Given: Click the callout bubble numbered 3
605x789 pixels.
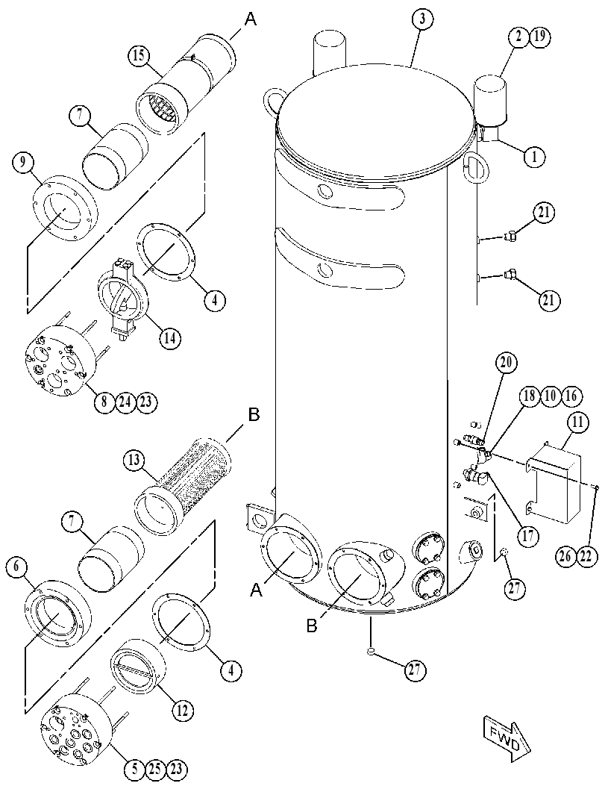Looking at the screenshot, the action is pyautogui.click(x=422, y=20).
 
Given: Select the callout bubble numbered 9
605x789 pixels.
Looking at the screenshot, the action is pyautogui.click(x=23, y=161).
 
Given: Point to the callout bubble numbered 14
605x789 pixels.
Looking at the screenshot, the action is pyautogui.click(x=170, y=338).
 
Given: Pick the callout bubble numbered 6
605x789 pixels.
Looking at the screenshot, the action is pyautogui.click(x=16, y=567).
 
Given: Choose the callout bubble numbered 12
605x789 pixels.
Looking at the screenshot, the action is pyautogui.click(x=182, y=710).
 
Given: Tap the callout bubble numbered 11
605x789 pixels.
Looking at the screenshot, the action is pyautogui.click(x=578, y=422).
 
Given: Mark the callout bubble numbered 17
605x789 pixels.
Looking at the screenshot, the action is pyautogui.click(x=527, y=537).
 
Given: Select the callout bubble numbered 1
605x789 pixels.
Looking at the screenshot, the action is pyautogui.click(x=534, y=157).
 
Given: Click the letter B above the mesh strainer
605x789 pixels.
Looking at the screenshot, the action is pyautogui.click(x=254, y=416).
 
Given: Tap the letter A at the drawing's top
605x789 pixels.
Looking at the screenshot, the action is pyautogui.click(x=251, y=19).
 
